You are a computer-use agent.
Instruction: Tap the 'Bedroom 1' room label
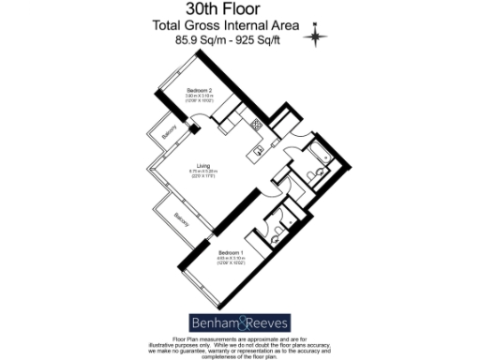coord(232,252)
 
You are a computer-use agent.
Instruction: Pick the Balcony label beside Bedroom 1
coord(178,221)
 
